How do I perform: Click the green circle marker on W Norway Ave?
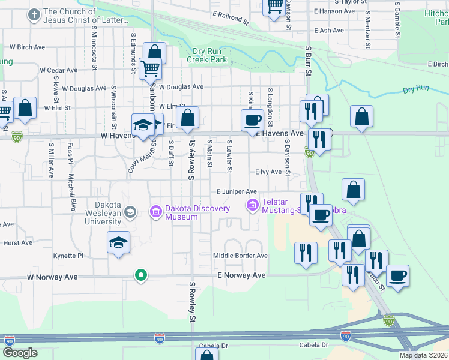(x=141, y=275)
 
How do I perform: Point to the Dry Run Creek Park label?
(x=206, y=55)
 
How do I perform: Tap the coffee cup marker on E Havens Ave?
(x=252, y=119)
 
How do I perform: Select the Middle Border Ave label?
(x=240, y=256)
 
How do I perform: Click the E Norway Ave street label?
(x=241, y=275)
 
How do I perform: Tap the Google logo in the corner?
(x=20, y=353)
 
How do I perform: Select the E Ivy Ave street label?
(x=268, y=172)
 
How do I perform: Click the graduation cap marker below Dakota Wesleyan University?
(x=118, y=243)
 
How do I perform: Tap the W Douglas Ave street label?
(x=181, y=87)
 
